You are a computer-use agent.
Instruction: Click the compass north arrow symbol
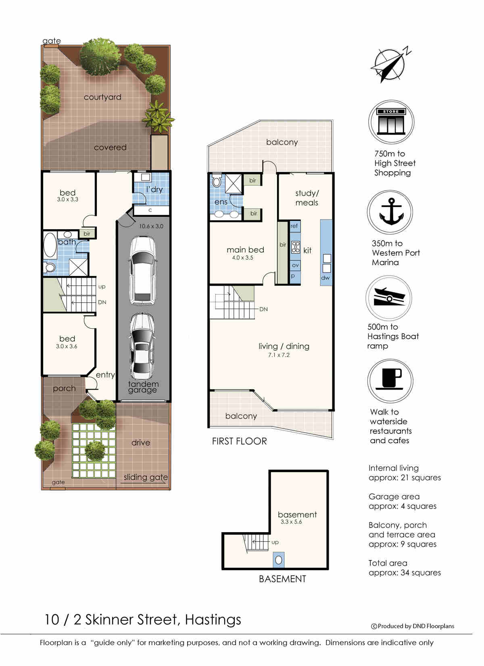[390, 65]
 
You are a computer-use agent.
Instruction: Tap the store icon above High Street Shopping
[391, 122]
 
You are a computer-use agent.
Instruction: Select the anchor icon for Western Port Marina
[390, 212]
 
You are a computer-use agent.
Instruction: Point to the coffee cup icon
[390, 381]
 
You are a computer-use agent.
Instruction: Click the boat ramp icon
[389, 298]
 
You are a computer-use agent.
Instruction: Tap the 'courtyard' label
[102, 97]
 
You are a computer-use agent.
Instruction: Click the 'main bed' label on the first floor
[245, 250]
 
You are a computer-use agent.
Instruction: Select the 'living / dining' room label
[284, 346]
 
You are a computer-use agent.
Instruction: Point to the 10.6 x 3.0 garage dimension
[151, 226]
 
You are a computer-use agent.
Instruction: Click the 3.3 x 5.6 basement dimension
[291, 522]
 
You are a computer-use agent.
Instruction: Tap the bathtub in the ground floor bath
[50, 245]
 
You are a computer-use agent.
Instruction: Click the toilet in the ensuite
[217, 181]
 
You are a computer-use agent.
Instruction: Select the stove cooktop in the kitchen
[296, 247]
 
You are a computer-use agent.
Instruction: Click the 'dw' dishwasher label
[325, 278]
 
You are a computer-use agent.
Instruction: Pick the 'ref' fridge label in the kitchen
[294, 226]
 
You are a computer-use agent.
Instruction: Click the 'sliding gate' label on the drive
[146, 477]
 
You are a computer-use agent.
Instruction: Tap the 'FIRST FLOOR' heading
[239, 441]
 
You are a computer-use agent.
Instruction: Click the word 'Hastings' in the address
[213, 620]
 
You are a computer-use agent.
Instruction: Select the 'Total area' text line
[388, 563]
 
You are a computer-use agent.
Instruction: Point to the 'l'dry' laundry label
[154, 189]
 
